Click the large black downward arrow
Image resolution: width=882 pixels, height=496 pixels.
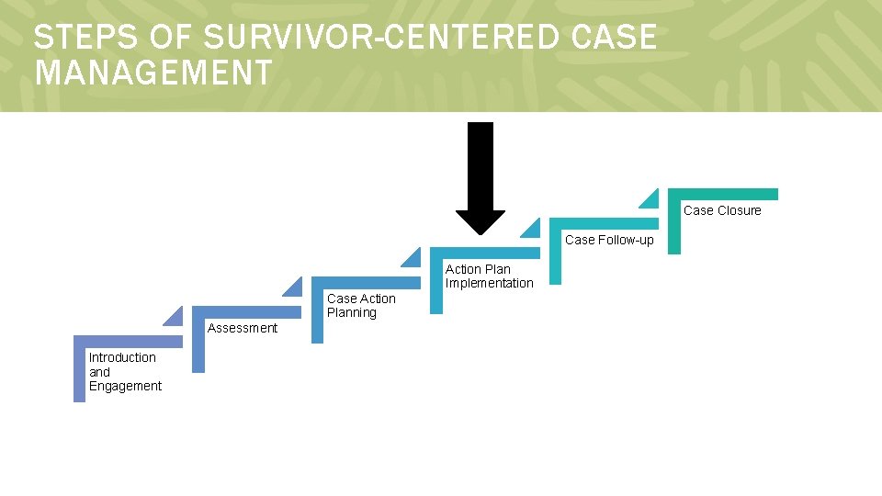pyautogui.click(x=481, y=175)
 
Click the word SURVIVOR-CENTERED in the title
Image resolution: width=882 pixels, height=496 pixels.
pyautogui.click(x=380, y=38)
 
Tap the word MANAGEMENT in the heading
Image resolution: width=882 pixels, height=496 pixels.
pyautogui.click(x=153, y=72)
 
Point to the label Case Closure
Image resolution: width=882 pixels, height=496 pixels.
pyautogui.click(x=722, y=210)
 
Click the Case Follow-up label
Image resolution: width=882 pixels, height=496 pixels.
pyautogui.click(x=609, y=240)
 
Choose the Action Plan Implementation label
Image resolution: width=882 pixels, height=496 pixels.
pyautogui.click(x=489, y=276)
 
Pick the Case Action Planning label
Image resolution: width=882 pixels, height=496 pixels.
pyautogui.click(x=361, y=305)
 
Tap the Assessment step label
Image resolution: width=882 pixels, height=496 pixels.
pyautogui.click(x=243, y=328)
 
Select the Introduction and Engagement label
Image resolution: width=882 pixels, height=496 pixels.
pyautogui.click(x=125, y=371)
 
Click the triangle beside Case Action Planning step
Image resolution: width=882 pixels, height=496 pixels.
pyautogui.click(x=294, y=287)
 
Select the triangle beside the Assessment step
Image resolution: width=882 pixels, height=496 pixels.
pyautogui.click(x=175, y=317)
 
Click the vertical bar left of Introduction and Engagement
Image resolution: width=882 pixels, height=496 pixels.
pyautogui.click(x=79, y=372)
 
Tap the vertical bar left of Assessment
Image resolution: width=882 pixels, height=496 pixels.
pyautogui.click(x=198, y=342)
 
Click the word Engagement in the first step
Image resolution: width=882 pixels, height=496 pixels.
pyautogui.click(x=125, y=386)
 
